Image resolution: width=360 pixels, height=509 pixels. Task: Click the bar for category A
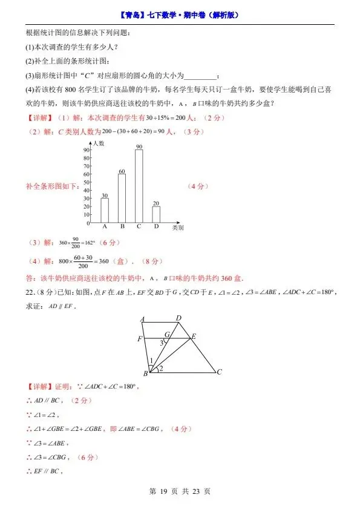105,210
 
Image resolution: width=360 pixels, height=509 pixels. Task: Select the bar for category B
122,198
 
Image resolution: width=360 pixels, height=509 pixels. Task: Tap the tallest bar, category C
139,186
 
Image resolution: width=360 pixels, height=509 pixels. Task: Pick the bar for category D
156,214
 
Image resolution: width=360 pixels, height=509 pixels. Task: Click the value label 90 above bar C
139,147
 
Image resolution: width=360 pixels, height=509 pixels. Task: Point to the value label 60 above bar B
122,172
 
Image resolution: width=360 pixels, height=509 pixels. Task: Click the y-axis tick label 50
87,182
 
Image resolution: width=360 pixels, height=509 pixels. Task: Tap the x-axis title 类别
178,228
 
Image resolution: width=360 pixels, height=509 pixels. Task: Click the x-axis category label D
156,226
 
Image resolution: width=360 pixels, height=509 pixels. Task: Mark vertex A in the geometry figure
142,320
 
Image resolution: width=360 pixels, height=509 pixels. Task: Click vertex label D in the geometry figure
178,318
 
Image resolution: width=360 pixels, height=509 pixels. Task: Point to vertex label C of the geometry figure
219,372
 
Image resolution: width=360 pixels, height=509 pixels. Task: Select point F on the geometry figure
140,338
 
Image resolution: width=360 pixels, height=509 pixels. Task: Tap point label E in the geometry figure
194,336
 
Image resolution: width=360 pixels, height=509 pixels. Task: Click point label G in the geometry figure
166,334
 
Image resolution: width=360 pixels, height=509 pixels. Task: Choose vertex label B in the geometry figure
146,374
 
